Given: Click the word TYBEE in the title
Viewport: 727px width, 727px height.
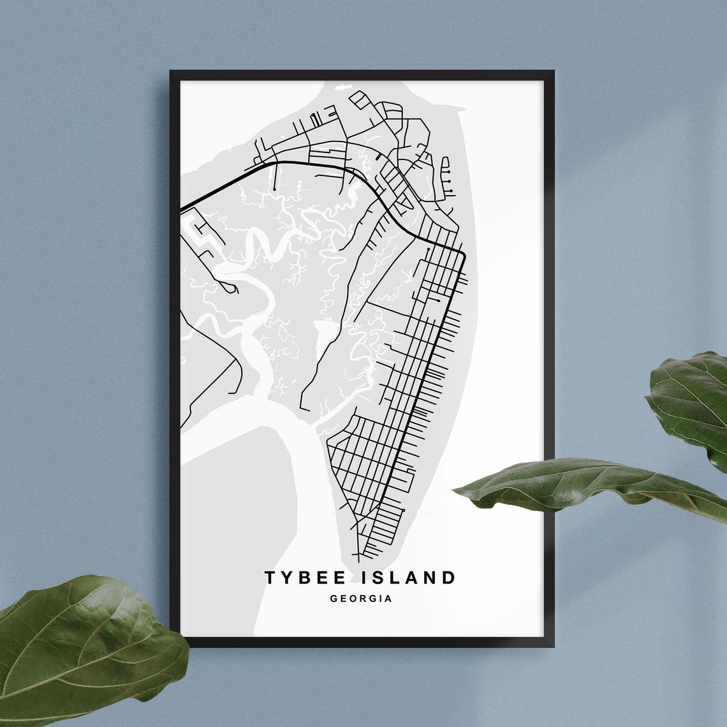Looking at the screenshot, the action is [305, 578].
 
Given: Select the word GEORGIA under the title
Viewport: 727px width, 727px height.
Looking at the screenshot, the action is [361, 599].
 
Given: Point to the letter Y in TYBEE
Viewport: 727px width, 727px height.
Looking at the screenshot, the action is [288, 578].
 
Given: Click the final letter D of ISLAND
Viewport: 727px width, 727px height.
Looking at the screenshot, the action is [450, 578].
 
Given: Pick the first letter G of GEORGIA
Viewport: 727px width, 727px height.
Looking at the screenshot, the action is [334, 599].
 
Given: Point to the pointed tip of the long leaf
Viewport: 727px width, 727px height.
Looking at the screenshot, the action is [455, 490].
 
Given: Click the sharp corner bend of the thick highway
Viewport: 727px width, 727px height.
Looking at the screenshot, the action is [464, 253].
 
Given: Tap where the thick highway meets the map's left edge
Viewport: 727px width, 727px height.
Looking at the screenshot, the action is [182, 209].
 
